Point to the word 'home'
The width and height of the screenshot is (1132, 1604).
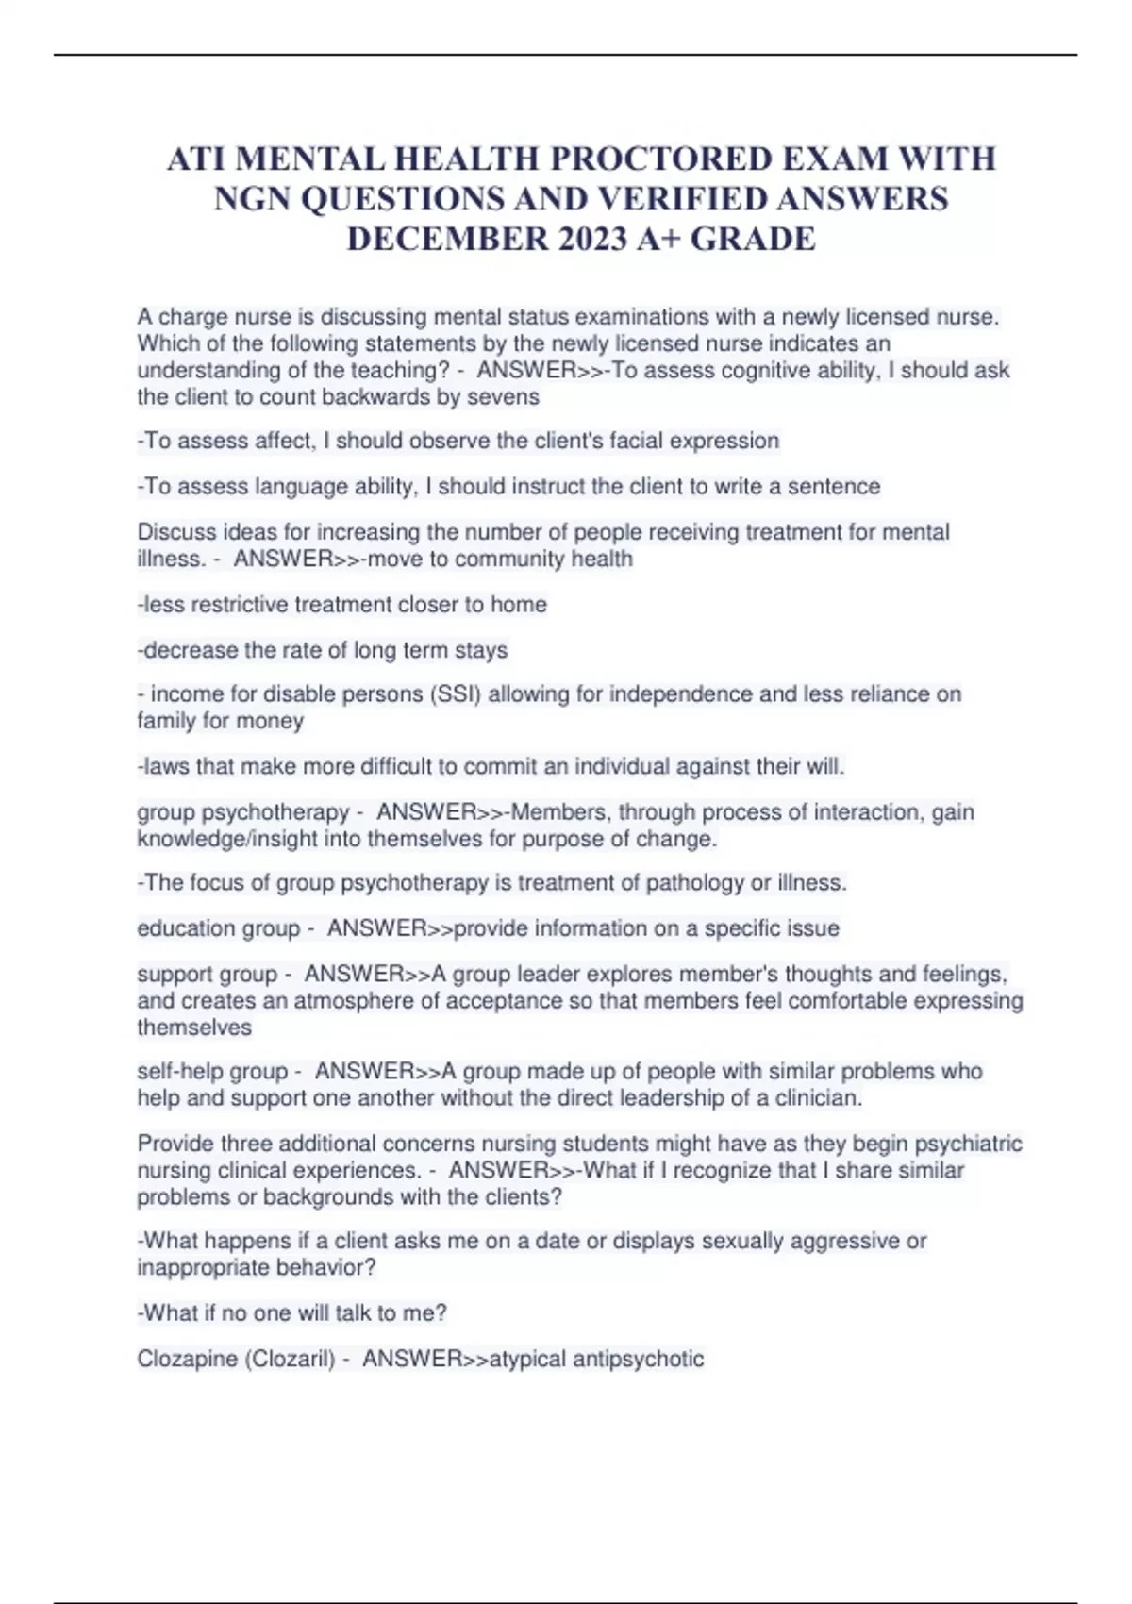coord(519,605)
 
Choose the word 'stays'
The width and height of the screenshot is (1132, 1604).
coord(481,650)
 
